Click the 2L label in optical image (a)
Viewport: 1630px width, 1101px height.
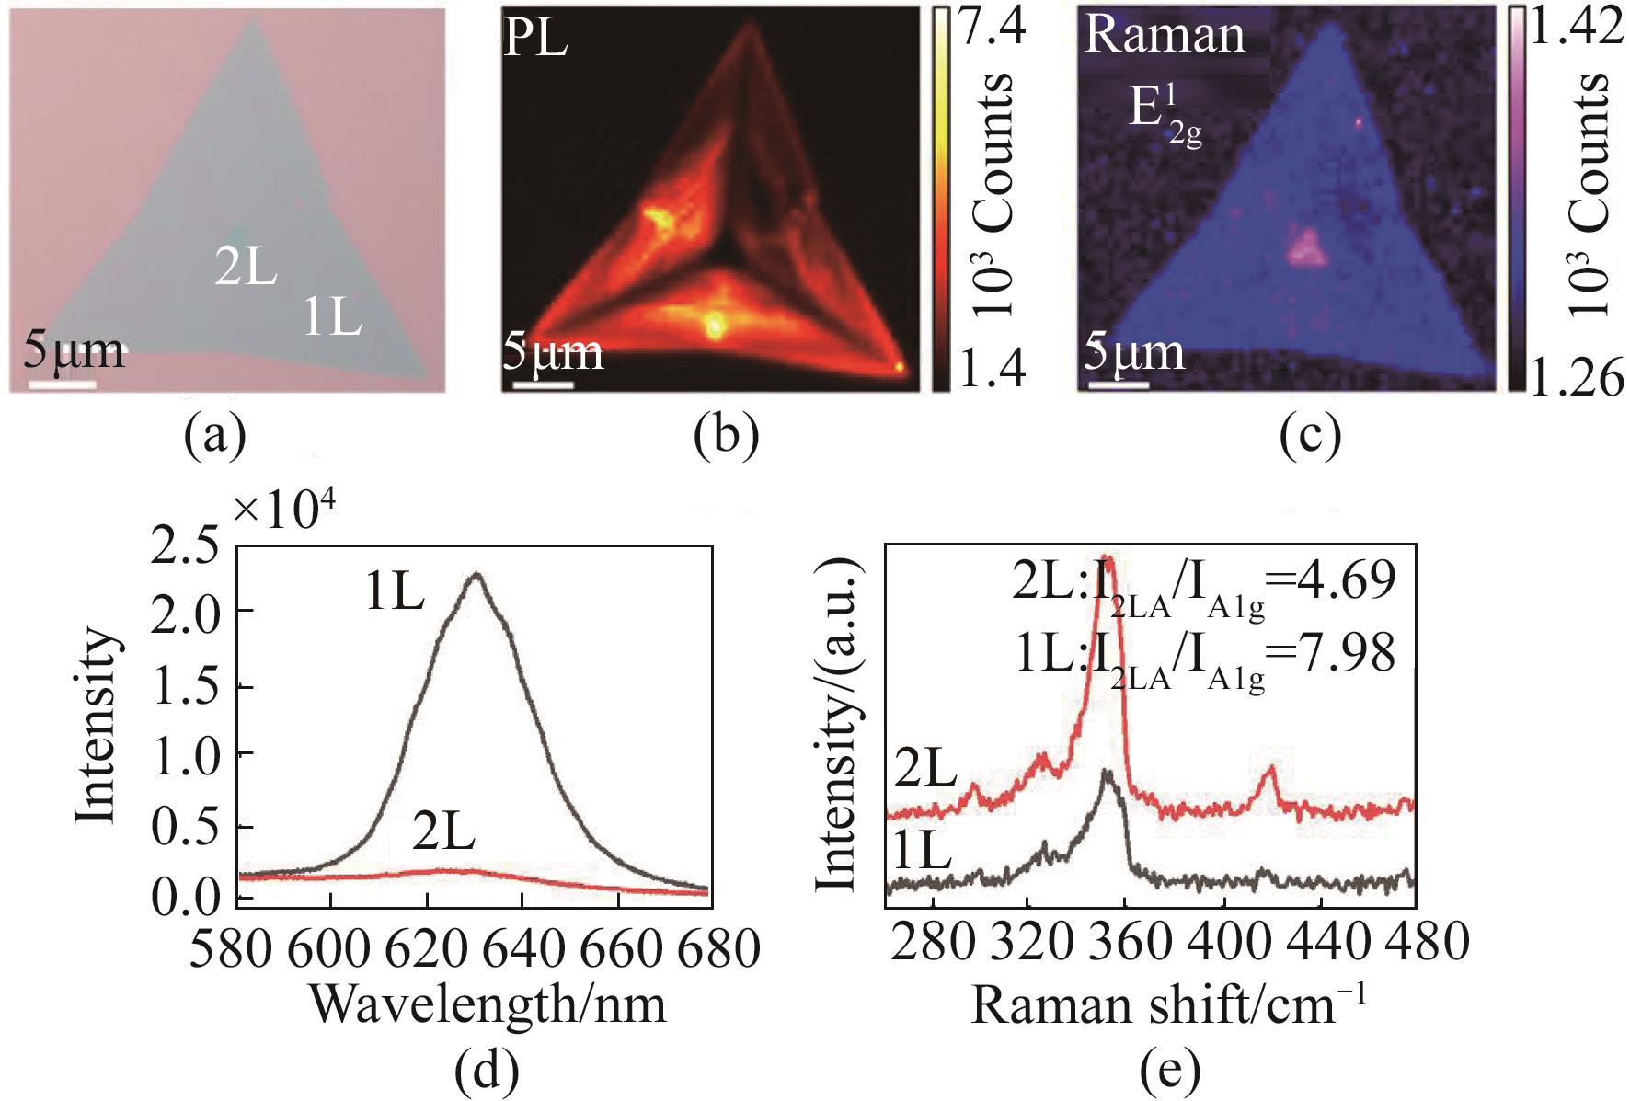point(246,268)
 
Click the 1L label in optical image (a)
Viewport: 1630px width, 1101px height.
point(332,318)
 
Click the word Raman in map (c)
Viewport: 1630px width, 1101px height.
point(1165,35)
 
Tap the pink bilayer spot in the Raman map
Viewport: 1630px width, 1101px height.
point(1306,248)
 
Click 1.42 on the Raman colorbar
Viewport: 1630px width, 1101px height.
point(1576,28)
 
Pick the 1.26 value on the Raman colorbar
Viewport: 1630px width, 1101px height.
point(1576,377)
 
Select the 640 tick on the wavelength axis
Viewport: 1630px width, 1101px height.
point(521,947)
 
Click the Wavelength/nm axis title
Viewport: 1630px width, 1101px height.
point(488,1004)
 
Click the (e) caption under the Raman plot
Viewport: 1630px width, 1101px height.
point(1168,1070)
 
